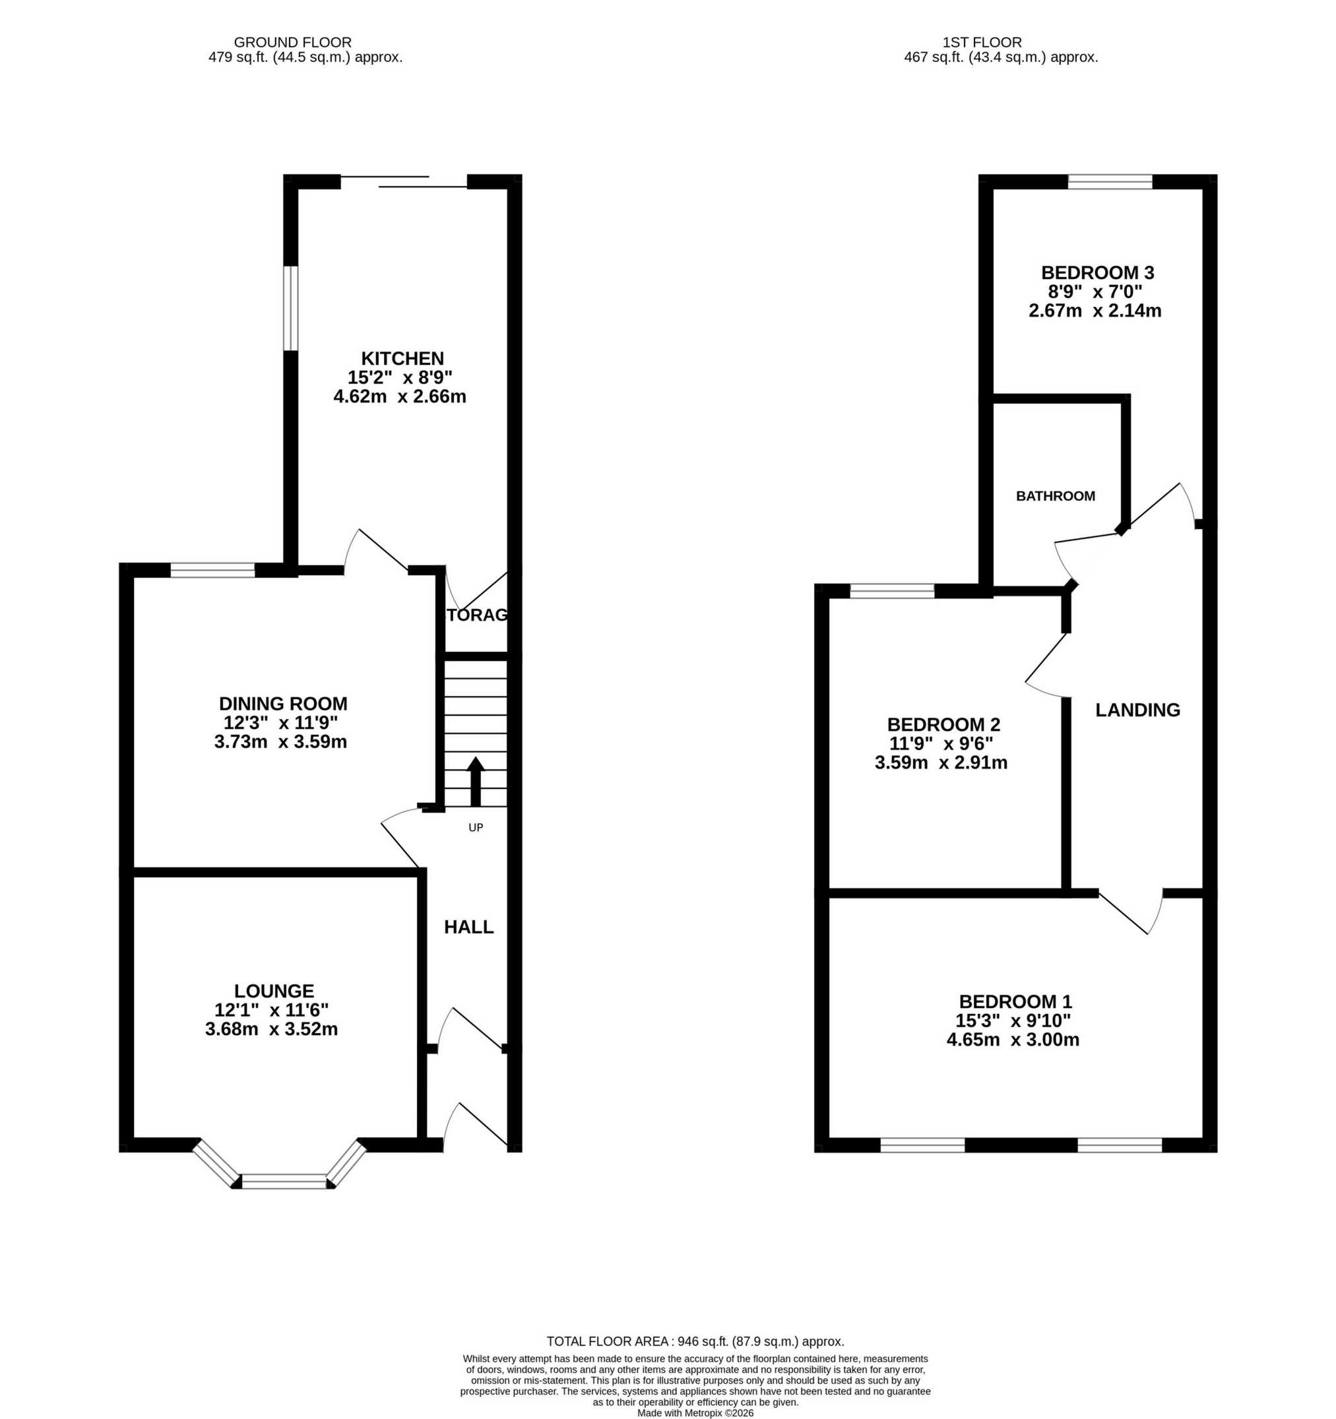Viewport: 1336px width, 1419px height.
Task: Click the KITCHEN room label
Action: coord(402,358)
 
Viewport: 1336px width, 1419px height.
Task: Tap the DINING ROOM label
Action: coord(282,703)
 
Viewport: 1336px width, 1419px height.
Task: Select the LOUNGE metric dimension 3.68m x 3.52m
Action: coord(271,1029)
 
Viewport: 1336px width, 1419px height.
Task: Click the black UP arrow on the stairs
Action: coord(475,781)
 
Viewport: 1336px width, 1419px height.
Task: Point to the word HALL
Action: coord(468,928)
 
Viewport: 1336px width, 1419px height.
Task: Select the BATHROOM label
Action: coord(1055,496)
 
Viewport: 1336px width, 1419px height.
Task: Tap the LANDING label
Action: coord(1137,710)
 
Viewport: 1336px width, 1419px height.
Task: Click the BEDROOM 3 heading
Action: coord(1098,272)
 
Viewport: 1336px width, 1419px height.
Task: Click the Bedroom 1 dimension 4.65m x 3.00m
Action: coord(1012,1040)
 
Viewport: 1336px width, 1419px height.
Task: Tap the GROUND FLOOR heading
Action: coord(293,43)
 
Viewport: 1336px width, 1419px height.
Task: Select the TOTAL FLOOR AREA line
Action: coord(695,1341)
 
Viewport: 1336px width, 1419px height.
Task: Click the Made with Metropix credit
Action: coord(695,1412)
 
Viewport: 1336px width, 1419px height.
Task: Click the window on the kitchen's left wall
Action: coord(290,308)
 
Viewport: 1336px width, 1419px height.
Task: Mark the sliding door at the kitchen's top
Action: coord(404,181)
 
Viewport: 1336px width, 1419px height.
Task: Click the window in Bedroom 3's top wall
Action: coord(1110,182)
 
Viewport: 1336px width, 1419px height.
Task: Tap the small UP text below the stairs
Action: coord(475,828)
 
